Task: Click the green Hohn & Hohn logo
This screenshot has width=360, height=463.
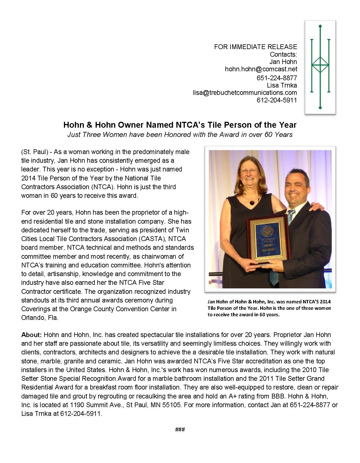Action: click(320, 67)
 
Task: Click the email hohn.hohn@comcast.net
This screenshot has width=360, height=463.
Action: click(261, 69)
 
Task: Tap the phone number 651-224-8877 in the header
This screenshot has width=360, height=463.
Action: click(276, 78)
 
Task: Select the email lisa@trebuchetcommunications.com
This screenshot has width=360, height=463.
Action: click(245, 93)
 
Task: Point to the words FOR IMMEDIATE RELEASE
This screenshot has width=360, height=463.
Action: click(255, 47)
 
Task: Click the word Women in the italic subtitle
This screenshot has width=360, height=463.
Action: click(115, 135)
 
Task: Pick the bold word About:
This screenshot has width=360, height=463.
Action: click(31, 335)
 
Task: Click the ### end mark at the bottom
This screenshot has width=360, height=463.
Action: click(180, 430)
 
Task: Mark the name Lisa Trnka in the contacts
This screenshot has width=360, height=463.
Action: click(282, 85)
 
